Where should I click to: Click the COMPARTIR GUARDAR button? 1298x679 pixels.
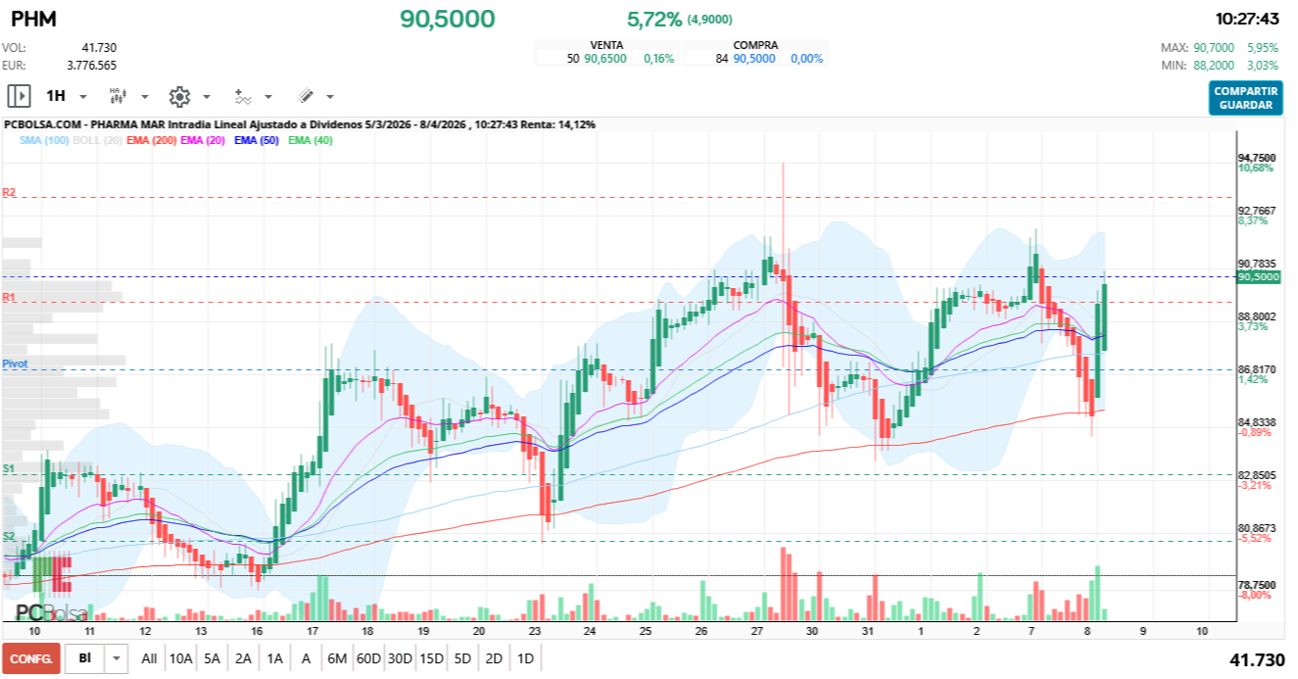point(1245,98)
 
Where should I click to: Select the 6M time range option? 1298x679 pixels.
point(337,658)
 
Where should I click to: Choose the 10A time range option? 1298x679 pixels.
point(180,658)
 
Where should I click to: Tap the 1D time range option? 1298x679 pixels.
point(525,658)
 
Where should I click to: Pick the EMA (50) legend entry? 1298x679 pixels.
point(257,141)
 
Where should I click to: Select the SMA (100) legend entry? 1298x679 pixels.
point(43,141)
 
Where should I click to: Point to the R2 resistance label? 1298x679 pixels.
point(9,193)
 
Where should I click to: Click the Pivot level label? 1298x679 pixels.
point(15,364)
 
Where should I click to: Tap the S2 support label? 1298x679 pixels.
point(9,536)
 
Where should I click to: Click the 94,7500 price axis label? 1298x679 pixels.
point(1257,158)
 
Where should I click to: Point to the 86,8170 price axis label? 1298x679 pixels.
point(1257,369)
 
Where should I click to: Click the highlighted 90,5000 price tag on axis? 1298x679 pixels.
point(1259,277)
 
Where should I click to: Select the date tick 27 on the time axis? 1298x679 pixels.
point(757,632)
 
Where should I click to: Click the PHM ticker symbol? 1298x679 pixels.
point(33,20)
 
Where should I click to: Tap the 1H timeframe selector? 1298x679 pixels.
point(56,96)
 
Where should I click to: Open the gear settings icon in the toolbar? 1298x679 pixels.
point(179,96)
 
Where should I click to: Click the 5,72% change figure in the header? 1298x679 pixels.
point(653,19)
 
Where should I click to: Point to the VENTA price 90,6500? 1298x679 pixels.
point(604,59)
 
